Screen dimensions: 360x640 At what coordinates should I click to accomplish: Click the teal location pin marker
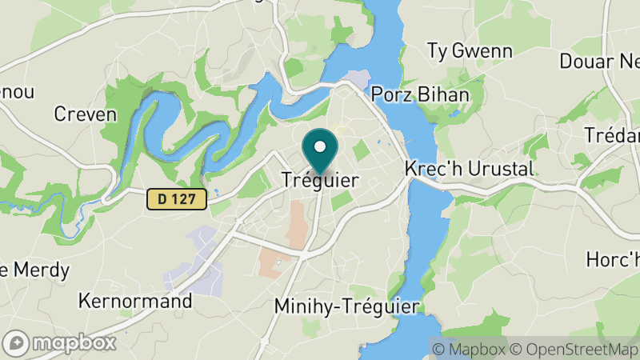pos(320,152)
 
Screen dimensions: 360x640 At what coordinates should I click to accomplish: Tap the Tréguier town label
pos(320,181)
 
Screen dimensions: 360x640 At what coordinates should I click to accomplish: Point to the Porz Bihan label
pos(419,94)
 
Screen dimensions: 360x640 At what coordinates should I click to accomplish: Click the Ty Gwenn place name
pos(470,51)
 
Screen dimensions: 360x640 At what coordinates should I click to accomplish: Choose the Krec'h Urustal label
pos(469,170)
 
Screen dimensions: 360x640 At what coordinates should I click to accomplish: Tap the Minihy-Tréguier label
pos(346,306)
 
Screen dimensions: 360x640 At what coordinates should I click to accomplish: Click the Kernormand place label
pos(135,302)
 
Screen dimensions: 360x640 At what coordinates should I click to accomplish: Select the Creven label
pos(85,114)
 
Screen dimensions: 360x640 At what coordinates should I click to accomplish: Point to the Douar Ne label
pos(599,62)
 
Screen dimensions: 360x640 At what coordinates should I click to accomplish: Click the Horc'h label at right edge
pos(613,259)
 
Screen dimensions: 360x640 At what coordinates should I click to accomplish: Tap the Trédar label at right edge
pos(612,135)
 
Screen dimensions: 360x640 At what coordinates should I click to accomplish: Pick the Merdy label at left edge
pos(35,270)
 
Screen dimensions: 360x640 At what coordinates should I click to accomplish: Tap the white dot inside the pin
pos(320,146)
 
